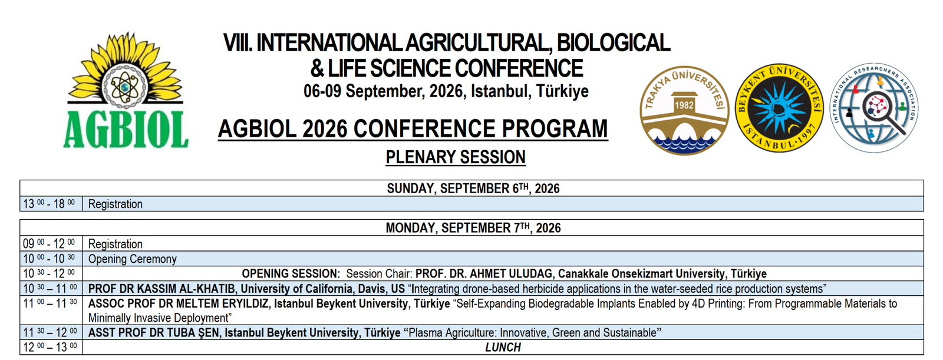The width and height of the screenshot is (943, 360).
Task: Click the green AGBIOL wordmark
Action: [x=126, y=129]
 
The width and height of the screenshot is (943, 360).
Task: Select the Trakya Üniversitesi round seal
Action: [x=684, y=110]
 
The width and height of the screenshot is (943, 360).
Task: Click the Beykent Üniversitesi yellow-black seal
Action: [x=779, y=108]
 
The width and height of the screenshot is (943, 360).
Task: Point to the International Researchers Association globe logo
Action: [x=875, y=108]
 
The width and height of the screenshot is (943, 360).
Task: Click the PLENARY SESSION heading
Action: [x=456, y=157]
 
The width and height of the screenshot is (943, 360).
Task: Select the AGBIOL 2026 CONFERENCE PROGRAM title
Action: [x=413, y=128]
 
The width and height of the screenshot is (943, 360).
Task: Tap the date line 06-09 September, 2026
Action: [x=446, y=91]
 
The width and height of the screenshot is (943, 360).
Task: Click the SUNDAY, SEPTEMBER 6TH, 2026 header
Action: [x=473, y=188]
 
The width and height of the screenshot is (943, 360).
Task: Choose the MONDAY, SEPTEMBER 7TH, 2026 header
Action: [x=473, y=228]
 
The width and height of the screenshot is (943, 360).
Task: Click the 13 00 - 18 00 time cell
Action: [x=49, y=204]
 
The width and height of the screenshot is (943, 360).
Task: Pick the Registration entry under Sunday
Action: [x=116, y=204]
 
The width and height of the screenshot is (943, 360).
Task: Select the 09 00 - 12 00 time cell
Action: [x=49, y=243]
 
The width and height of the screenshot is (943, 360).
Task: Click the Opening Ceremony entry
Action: [x=132, y=259]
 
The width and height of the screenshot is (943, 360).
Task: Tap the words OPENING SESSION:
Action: [x=291, y=274]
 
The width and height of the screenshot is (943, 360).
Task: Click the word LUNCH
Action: [x=503, y=348]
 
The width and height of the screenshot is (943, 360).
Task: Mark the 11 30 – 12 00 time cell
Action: [x=50, y=333]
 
